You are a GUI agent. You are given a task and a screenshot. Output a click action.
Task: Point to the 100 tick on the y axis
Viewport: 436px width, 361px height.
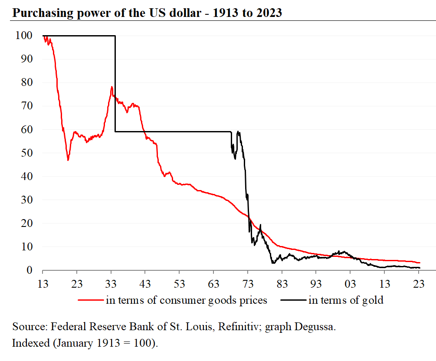pyautogui.click(x=24, y=36)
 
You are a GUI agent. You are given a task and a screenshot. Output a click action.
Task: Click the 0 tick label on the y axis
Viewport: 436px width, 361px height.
pyautogui.click(x=29, y=270)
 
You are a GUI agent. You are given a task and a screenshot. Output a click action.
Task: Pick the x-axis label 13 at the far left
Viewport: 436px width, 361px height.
pyautogui.click(x=43, y=283)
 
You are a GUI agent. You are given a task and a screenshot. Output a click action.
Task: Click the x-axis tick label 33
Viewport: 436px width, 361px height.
pyautogui.click(x=111, y=283)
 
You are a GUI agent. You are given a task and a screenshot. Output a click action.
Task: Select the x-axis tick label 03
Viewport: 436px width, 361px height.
pyautogui.click(x=350, y=283)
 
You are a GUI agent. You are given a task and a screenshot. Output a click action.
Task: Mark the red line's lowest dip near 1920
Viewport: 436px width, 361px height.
pyautogui.click(x=68, y=160)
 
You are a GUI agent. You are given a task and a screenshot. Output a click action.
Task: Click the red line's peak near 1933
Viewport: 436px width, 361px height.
pyautogui.click(x=112, y=87)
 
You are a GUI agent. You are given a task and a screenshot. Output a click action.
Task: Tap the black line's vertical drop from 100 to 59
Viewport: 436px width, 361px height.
pyautogui.click(x=115, y=82)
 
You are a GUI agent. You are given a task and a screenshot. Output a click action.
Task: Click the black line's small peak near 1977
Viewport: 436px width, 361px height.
pyautogui.click(x=260, y=225)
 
